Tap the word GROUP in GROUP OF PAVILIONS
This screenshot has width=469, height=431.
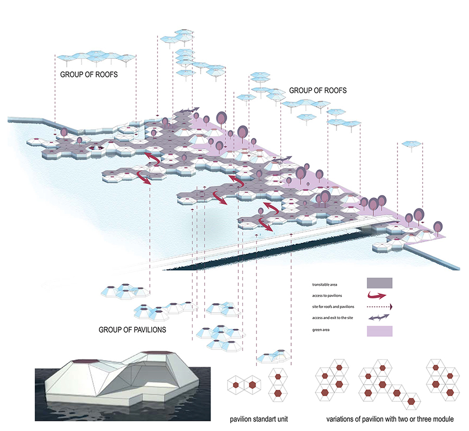coord(110,329)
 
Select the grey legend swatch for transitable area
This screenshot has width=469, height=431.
coord(380,283)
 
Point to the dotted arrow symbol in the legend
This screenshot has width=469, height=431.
coord(380,306)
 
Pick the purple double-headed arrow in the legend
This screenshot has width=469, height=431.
coord(380,318)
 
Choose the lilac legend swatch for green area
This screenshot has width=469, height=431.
coord(380,331)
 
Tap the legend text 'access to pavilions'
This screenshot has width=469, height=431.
coord(327,295)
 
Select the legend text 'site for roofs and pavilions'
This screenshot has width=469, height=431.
coord(332,306)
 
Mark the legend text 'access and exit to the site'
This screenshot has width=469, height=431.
coord(332,318)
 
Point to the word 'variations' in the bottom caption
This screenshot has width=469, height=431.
coord(342,419)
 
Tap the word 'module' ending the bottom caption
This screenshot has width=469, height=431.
coord(441,419)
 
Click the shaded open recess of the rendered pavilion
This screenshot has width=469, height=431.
coord(139,381)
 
